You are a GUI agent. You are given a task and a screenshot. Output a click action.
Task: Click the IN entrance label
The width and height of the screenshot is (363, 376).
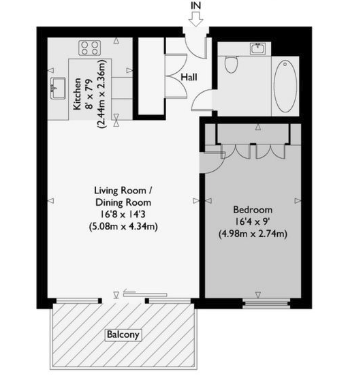pyautogui.click(x=196, y=5)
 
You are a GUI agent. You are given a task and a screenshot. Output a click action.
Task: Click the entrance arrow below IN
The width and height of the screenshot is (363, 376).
pyautogui.click(x=196, y=20)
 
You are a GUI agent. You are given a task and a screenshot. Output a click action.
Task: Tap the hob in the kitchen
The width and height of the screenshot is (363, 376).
pyautogui.click(x=90, y=48)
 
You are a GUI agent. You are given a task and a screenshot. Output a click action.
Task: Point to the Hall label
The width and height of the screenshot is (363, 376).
pyautogui.click(x=189, y=78)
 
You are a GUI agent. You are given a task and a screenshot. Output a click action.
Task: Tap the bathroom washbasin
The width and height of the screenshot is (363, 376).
pyautogui.click(x=258, y=48)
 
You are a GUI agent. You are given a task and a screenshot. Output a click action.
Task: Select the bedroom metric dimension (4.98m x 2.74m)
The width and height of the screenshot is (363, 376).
pyautogui.click(x=252, y=234)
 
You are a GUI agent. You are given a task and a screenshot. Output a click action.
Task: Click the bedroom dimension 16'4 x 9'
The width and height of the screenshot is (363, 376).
pyautogui.click(x=252, y=221)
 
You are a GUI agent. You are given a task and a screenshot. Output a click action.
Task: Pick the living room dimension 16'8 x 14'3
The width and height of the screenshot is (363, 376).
pyautogui.click(x=123, y=215)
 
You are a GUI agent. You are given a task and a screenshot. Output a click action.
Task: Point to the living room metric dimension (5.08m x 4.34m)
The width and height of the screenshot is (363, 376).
pyautogui.click(x=123, y=227)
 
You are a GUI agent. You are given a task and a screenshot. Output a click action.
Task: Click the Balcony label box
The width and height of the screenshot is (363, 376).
pyautogui.click(x=123, y=334)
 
